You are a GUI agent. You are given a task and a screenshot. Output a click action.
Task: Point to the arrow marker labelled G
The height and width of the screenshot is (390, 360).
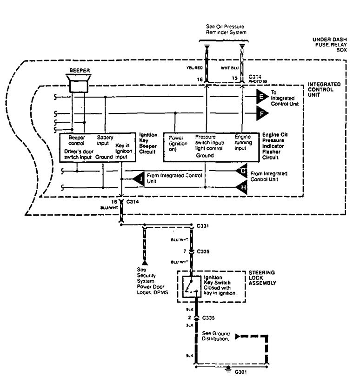[242, 171]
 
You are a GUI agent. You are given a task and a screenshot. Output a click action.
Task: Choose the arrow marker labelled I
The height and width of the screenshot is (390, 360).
[138, 178]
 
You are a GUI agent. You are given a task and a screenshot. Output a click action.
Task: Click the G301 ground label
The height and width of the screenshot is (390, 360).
[241, 372]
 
